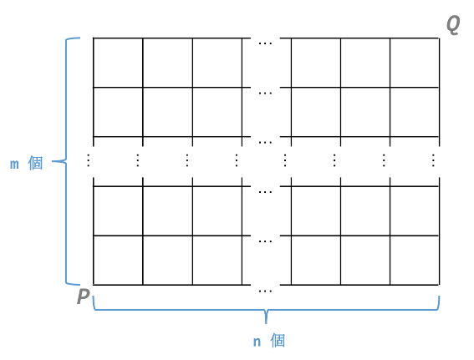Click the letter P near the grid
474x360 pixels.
(84, 296)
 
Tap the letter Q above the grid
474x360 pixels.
(453, 25)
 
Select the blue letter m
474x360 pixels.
(14, 165)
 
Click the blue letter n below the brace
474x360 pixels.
(257, 342)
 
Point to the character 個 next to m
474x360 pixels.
(35, 164)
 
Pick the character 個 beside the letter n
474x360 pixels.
(278, 341)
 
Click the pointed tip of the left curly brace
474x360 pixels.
(53, 161)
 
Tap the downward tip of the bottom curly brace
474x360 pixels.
(266, 323)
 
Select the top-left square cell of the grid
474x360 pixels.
(118, 63)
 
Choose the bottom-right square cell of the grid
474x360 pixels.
(415, 260)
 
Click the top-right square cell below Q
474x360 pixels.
(415, 63)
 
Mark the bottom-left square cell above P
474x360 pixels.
(118, 260)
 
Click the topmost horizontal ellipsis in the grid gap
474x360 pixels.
(265, 43)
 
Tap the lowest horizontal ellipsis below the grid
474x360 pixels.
(265, 292)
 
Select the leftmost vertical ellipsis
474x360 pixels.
(89, 160)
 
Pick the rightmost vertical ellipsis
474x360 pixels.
(433, 160)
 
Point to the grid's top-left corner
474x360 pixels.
(94, 38)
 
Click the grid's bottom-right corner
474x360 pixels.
(439, 285)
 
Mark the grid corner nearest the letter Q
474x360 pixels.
(439, 38)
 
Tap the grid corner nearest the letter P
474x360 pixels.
(94, 285)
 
